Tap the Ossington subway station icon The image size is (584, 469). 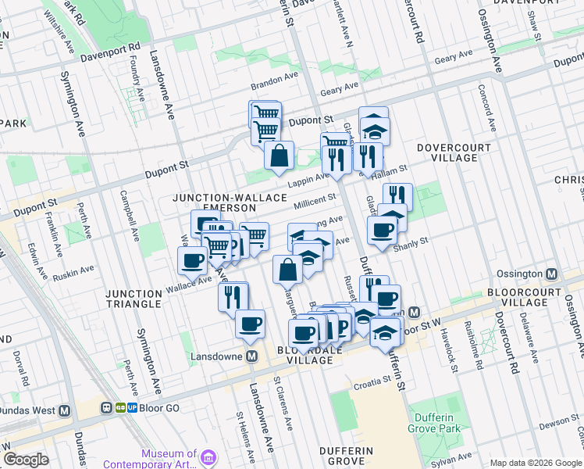point(552,274)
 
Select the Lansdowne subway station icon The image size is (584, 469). point(252,356)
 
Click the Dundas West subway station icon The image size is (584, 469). point(64,409)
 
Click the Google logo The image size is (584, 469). point(26,460)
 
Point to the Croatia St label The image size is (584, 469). point(369,381)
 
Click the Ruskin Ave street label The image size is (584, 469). point(74,271)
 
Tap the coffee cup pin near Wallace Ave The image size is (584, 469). point(192,262)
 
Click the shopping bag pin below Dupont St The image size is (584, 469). point(279,156)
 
